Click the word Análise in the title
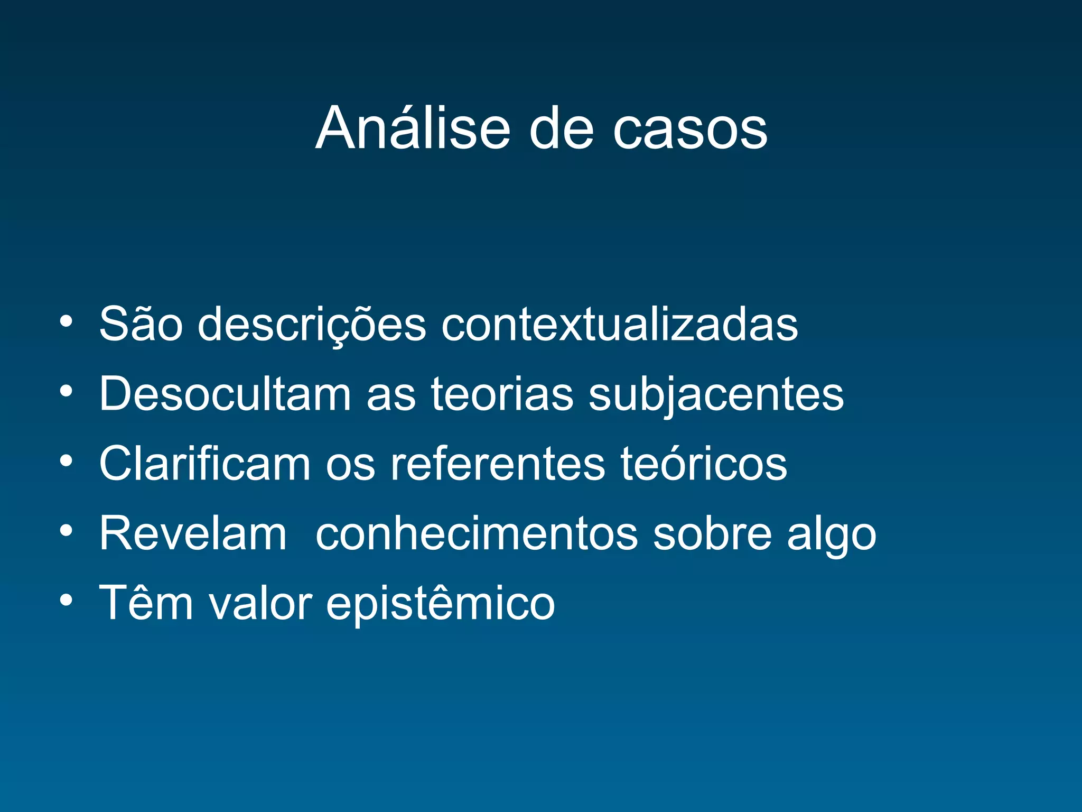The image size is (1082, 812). click(413, 128)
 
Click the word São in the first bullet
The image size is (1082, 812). click(141, 324)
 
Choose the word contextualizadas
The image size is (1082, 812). click(619, 324)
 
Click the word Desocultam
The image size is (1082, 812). click(225, 393)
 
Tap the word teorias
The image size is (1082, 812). click(502, 393)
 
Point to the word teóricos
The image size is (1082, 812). click(703, 464)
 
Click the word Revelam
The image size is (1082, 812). click(193, 533)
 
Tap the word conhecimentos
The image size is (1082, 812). click(477, 533)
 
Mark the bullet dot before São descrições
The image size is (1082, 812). click(66, 321)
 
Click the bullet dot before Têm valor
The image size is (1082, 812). click(66, 600)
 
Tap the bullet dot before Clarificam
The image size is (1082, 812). click(66, 461)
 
